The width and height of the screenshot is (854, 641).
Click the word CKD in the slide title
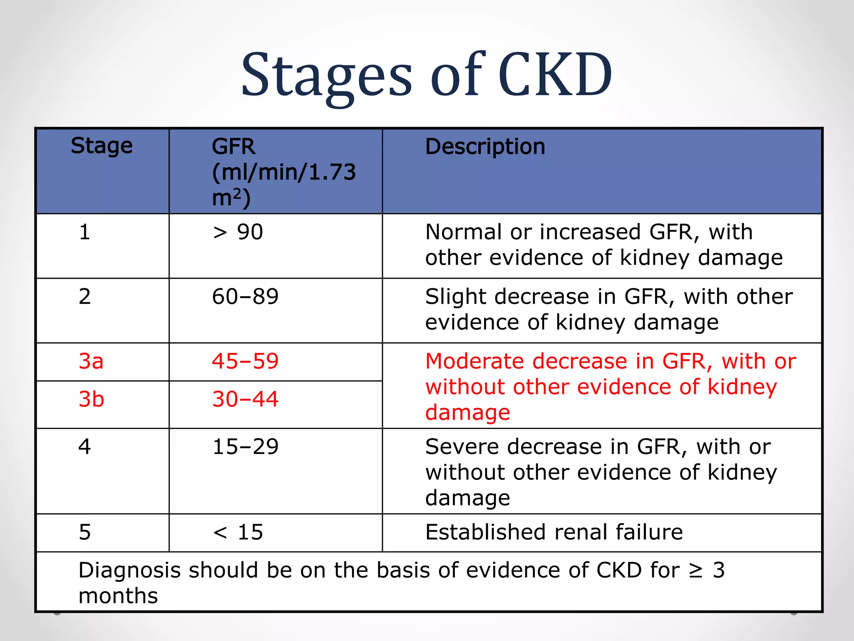tap(555, 75)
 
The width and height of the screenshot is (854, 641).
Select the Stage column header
tap(101, 146)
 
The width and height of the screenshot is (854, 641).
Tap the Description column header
tap(485, 147)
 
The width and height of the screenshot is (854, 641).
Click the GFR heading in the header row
tap(233, 147)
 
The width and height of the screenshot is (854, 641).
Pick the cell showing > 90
tap(238, 232)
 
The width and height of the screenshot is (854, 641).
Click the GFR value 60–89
tap(245, 297)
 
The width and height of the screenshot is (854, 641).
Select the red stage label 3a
tap(91, 361)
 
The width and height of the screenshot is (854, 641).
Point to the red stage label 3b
tap(91, 399)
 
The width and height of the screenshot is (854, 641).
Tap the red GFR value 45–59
tap(245, 361)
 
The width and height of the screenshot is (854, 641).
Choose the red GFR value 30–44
tap(245, 399)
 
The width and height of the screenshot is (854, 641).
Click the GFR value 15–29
tap(245, 447)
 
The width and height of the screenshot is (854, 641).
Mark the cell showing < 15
tap(238, 532)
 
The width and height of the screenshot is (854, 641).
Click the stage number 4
tap(85, 447)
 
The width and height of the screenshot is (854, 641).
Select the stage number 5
tap(85, 532)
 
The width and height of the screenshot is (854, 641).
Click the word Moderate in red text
tap(475, 361)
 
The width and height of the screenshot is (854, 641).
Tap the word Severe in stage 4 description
tap(462, 447)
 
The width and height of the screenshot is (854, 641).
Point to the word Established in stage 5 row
tap(485, 532)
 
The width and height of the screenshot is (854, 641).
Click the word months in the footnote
tap(118, 596)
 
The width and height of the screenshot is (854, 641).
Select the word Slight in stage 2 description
tap(456, 297)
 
